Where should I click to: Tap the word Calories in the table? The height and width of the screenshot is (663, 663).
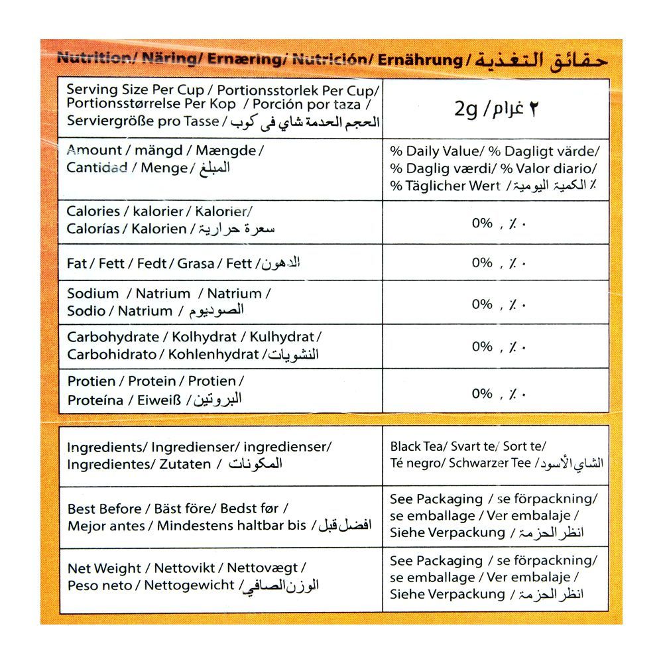coord(93,211)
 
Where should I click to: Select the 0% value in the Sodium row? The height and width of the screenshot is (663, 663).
coord(482,304)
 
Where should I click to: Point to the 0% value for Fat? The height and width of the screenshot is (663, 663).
coord(482,263)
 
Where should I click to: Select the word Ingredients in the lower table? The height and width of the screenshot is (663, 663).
coord(104,448)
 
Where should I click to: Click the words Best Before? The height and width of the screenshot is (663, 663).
coord(104,509)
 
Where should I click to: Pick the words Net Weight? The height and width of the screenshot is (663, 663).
coord(104,569)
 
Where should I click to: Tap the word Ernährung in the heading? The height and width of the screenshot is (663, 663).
coord(420,60)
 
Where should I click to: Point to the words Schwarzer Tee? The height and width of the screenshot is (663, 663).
coord(490,463)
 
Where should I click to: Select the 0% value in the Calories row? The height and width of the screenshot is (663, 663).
coord(482,223)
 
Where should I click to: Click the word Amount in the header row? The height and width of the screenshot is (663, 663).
coord(94,151)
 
